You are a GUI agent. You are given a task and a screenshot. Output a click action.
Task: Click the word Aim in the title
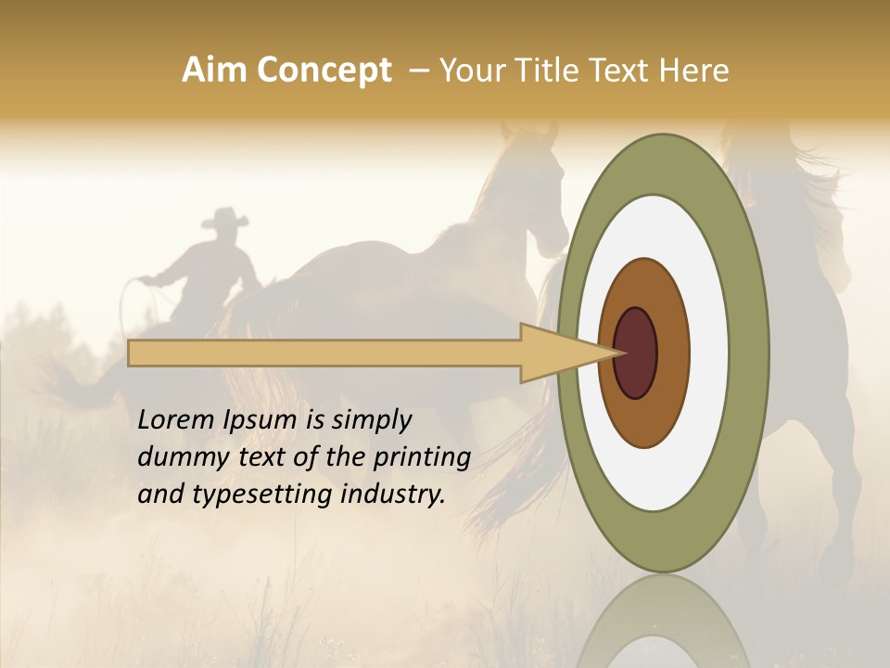click(215, 71)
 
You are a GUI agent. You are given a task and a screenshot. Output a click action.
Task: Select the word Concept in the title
click(324, 71)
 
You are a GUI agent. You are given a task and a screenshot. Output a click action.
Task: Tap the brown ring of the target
click(671, 353)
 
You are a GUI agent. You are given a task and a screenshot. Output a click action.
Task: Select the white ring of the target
click(708, 353)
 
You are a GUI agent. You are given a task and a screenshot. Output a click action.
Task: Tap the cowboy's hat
click(225, 219)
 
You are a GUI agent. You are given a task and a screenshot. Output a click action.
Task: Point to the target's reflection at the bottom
click(663, 622)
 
